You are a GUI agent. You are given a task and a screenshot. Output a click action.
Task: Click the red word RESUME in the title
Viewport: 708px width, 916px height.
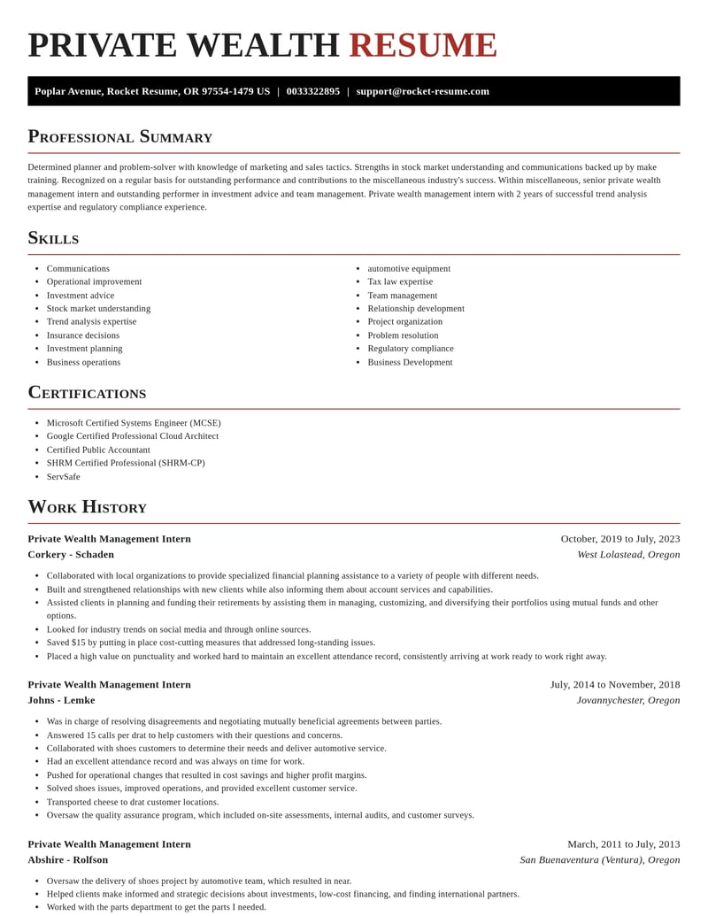tap(423, 46)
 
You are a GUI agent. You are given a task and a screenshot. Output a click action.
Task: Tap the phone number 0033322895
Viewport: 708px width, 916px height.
tap(312, 91)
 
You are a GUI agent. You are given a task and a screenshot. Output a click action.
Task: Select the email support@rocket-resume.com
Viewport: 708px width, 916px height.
tap(422, 91)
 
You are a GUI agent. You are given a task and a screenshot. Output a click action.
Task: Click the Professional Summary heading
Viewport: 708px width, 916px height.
tap(119, 136)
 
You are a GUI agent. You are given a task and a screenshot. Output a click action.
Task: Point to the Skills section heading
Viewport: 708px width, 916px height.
tap(53, 238)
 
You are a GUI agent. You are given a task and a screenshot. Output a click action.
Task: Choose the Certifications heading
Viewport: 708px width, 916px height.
tap(87, 392)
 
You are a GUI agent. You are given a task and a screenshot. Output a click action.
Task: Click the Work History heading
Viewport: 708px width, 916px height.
tap(87, 507)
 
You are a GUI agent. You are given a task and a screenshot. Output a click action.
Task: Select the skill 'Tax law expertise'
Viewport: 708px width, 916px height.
tap(400, 281)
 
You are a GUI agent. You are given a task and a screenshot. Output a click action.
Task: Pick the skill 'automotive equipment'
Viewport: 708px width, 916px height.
tap(409, 268)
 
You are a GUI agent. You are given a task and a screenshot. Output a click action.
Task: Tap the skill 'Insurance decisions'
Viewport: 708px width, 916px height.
tap(83, 335)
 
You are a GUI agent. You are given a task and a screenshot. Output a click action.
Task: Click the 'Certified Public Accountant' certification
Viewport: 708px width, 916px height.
tap(98, 450)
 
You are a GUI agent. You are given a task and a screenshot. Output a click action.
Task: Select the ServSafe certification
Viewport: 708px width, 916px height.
tap(63, 476)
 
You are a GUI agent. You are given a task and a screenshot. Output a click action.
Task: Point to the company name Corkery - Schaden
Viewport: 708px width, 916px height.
tap(71, 554)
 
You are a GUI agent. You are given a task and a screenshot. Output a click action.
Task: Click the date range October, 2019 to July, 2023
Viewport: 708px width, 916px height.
tap(619, 538)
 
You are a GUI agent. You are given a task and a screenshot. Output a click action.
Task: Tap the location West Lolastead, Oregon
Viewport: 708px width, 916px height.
tap(628, 554)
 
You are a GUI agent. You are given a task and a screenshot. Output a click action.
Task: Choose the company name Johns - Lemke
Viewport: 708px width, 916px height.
tap(61, 700)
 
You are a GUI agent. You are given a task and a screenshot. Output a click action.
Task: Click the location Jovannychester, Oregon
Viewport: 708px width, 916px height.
tap(627, 700)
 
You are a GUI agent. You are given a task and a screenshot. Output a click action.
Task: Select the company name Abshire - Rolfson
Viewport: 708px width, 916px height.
tap(67, 859)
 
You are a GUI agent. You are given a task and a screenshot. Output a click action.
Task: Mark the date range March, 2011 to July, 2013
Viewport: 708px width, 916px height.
tap(623, 843)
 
